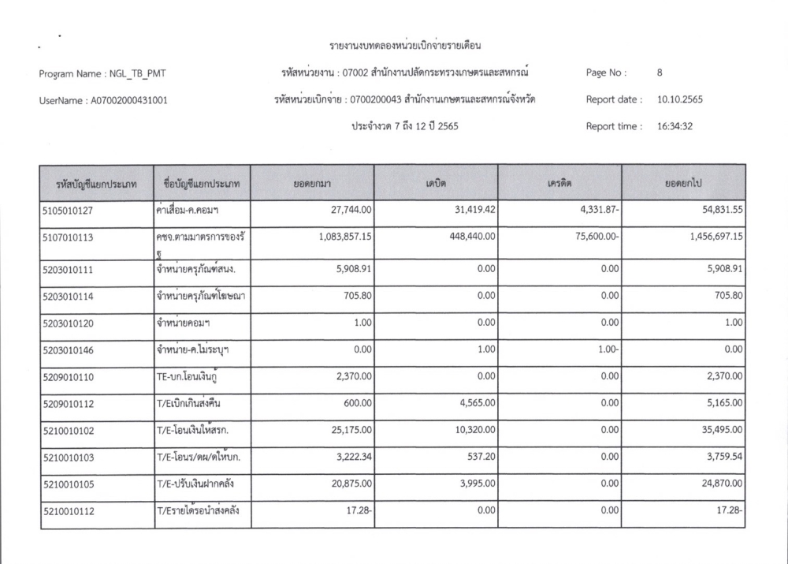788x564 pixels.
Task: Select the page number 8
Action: (659, 73)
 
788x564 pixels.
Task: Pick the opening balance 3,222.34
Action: (349, 460)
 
